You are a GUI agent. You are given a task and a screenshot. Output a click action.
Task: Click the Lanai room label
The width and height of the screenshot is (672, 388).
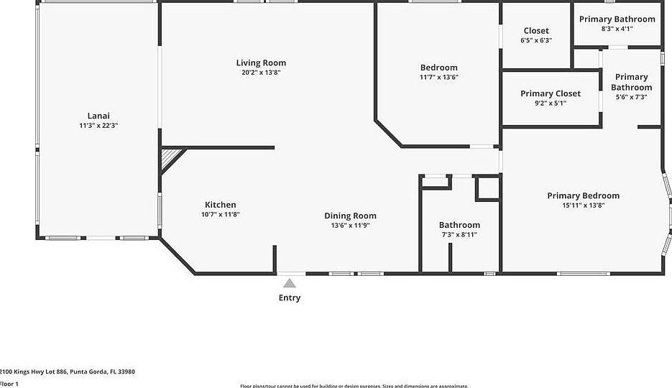(x=98, y=116)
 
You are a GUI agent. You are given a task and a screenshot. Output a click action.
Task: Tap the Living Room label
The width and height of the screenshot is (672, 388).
(x=261, y=63)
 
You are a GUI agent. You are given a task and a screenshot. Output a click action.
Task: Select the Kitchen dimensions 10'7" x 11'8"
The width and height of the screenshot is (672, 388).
(x=220, y=214)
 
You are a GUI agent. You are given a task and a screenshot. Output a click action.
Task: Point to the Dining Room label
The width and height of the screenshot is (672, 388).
(x=350, y=216)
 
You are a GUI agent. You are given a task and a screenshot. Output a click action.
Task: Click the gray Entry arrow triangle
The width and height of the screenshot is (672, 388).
(x=289, y=283)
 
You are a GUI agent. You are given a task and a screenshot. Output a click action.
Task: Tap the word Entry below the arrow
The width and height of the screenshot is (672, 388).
(x=290, y=298)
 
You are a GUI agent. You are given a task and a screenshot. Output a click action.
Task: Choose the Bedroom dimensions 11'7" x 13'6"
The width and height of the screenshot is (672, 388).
(x=438, y=77)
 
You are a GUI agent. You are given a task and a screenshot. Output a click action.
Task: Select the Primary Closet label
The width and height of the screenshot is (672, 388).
(x=551, y=93)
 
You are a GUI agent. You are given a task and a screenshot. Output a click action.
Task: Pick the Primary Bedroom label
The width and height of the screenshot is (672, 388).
(x=583, y=195)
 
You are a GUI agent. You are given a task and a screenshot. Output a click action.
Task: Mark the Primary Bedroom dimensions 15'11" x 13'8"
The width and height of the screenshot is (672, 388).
(x=583, y=205)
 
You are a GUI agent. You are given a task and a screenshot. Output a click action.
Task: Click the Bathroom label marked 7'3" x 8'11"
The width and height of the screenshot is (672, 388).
(x=459, y=225)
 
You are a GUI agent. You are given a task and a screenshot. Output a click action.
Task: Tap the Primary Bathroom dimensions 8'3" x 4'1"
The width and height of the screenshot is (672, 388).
(x=617, y=29)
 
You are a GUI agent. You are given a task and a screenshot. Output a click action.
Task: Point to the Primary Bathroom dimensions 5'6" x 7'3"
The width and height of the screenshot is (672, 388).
(x=631, y=97)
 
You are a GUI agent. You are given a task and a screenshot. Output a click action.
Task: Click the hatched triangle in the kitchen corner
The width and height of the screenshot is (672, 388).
(x=170, y=157)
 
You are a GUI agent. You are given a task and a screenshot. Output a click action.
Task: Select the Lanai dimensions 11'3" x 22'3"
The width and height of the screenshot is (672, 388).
(x=98, y=125)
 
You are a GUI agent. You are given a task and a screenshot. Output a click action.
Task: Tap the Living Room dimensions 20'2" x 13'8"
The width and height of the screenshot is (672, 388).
(x=261, y=73)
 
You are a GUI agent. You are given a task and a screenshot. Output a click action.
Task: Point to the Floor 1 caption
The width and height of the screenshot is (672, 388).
(x=9, y=384)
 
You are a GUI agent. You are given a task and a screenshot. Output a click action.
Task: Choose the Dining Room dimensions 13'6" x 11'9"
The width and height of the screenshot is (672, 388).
(x=350, y=225)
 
